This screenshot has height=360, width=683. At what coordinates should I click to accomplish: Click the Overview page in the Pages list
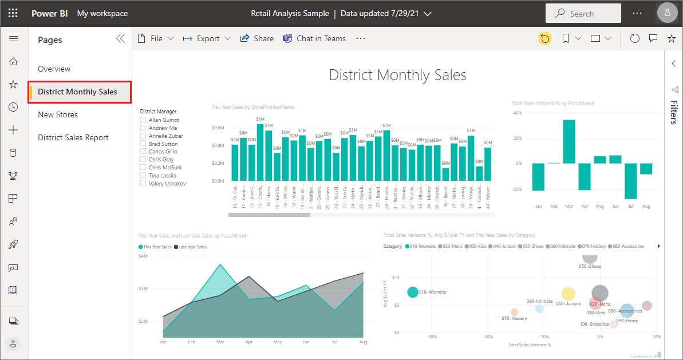tap(54, 69)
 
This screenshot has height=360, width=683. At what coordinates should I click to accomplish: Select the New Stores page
tap(58, 114)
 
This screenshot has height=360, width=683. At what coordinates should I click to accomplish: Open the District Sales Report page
tap(73, 137)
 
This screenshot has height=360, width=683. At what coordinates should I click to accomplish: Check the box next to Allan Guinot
tap(143, 120)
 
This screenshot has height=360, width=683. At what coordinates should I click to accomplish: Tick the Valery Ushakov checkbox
tap(143, 183)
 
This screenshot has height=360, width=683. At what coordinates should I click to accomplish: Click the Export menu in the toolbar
tap(207, 38)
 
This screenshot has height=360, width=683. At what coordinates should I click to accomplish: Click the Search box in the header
tap(583, 14)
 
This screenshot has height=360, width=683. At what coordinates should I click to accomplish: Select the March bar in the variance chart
tap(568, 141)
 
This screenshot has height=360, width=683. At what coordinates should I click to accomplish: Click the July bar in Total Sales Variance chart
tap(631, 181)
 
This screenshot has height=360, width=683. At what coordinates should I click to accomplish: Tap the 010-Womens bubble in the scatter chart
tap(413, 292)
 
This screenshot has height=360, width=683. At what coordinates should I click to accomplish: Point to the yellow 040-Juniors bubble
tap(568, 294)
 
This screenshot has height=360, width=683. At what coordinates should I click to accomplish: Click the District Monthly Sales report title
tap(397, 75)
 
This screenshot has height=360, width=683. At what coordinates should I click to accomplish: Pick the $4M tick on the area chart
tap(143, 256)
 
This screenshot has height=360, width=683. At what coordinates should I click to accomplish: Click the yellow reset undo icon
tap(545, 38)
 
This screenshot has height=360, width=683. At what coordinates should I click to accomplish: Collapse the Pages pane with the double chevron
tap(120, 38)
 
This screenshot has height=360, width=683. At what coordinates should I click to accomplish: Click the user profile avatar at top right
tap(667, 13)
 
